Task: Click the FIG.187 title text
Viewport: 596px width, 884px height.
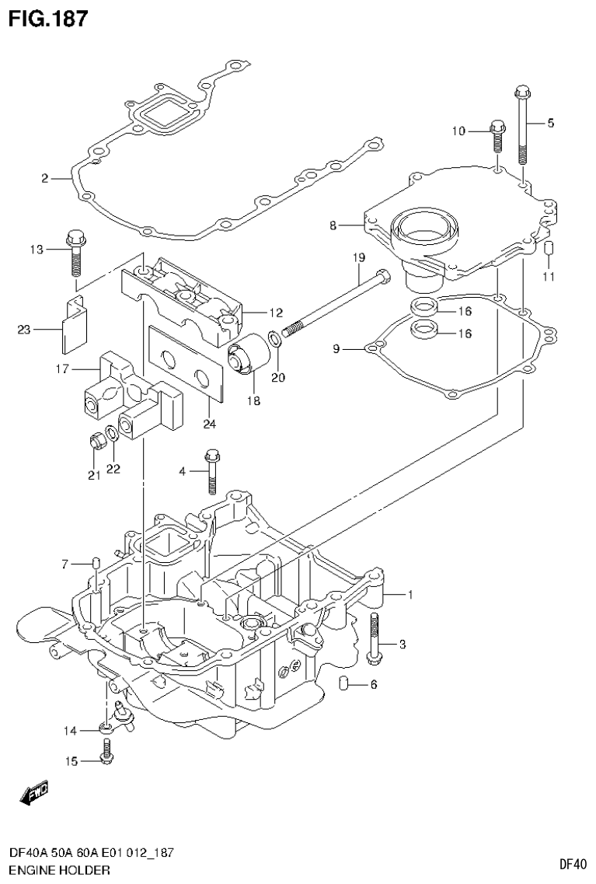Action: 47,17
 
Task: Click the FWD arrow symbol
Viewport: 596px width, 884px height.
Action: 34,792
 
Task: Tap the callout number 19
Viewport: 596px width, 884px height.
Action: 357,257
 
